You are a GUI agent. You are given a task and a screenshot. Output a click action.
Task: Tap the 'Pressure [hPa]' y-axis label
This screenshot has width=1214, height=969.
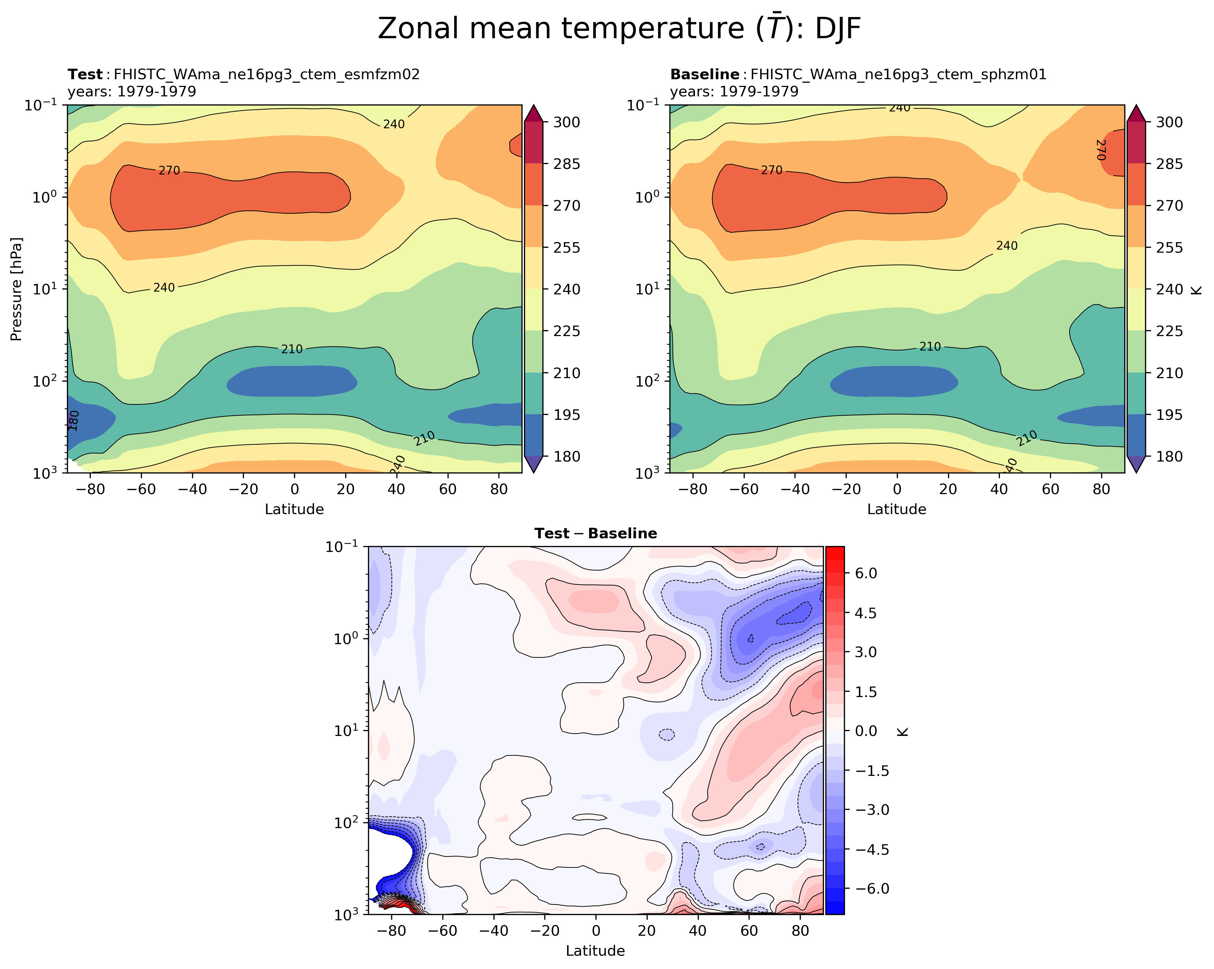pos(16,289)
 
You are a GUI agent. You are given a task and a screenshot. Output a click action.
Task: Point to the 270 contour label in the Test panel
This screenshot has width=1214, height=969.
pos(169,170)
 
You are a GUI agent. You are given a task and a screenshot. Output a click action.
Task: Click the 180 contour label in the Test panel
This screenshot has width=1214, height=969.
pos(74,420)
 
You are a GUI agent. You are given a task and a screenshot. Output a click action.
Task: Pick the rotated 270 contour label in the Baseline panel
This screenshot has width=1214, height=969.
pos(1102,150)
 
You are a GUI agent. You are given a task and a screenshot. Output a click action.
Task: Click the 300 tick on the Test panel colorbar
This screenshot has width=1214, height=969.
pos(566,122)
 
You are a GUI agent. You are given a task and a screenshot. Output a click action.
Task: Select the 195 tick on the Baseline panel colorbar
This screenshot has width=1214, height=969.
pos(1169,415)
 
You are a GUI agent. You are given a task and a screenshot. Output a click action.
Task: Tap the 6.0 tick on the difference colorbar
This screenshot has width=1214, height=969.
pos(865,573)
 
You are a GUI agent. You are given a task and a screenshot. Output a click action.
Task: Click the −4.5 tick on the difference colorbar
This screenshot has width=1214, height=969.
pos(872,849)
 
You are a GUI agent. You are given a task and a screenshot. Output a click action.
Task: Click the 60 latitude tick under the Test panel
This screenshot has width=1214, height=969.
pos(448,489)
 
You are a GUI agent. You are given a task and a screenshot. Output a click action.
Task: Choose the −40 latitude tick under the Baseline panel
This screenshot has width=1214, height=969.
pos(795,489)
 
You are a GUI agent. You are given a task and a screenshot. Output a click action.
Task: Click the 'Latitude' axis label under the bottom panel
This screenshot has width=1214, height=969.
pos(595,951)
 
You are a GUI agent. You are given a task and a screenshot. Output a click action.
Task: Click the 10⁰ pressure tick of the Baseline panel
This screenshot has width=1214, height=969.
pos(648,197)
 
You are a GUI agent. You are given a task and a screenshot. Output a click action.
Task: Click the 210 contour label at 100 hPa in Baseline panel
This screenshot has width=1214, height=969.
pos(930,347)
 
